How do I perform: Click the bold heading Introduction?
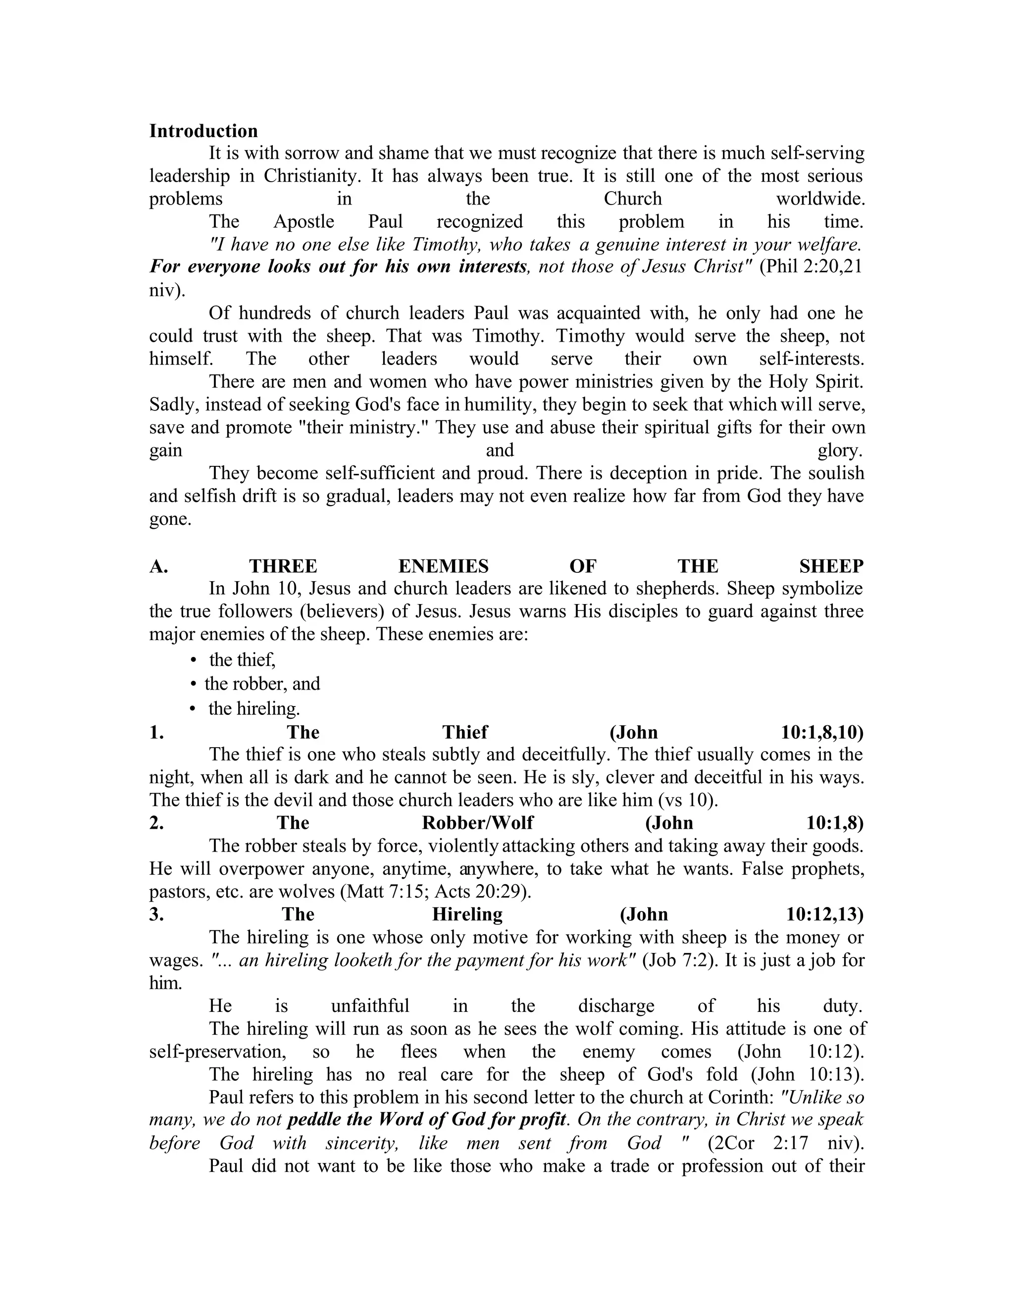pos(203,131)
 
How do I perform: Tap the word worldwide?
pos(820,199)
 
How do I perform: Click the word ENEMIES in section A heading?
pos(443,566)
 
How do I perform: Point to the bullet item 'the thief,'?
pos(242,660)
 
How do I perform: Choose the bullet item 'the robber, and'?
pos(262,684)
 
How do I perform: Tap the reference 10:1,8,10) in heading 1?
pos(822,732)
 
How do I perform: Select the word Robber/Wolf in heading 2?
pos(478,823)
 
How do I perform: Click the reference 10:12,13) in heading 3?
pos(825,914)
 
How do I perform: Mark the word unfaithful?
pos(370,1006)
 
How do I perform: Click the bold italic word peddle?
pos(316,1120)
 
